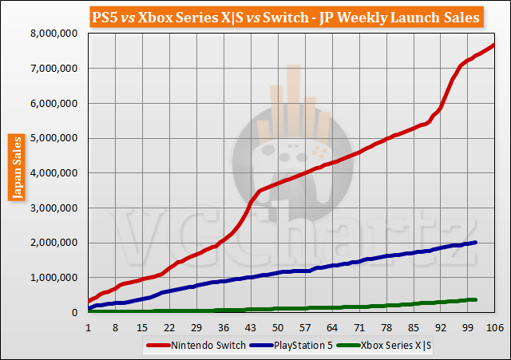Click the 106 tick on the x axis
[495, 327]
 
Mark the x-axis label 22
[169, 327]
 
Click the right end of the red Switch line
[494, 45]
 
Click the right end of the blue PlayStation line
[476, 243]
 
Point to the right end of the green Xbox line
[476, 299]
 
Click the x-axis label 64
[332, 327]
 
